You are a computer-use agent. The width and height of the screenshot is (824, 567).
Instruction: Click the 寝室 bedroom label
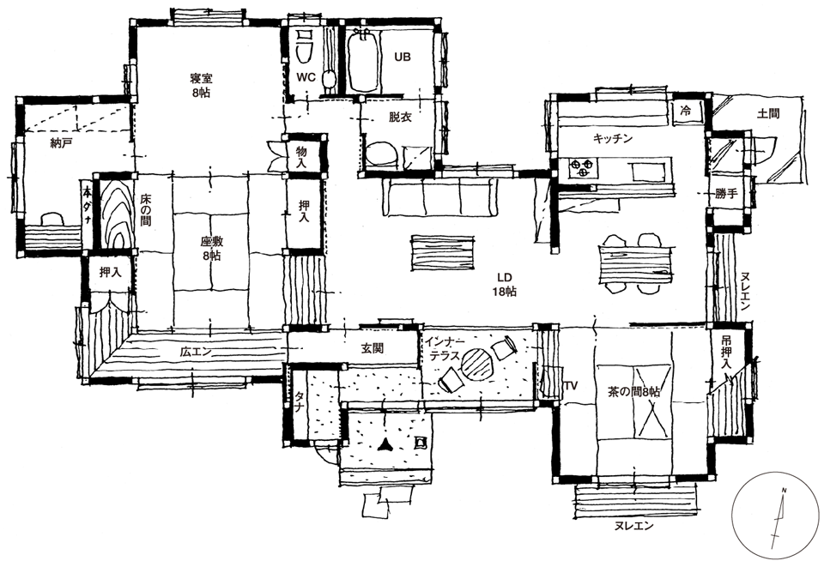[201, 86]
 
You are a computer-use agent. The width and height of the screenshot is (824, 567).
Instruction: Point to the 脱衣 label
[400, 117]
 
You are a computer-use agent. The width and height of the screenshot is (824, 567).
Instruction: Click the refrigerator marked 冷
[685, 112]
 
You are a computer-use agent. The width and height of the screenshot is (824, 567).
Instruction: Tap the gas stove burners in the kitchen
[583, 167]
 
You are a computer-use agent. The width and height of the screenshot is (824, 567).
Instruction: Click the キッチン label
[612, 139]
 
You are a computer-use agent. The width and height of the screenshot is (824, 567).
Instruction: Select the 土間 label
[767, 113]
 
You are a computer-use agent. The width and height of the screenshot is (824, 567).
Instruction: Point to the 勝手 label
[726, 194]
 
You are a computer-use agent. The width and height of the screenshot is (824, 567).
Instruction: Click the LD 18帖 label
[504, 285]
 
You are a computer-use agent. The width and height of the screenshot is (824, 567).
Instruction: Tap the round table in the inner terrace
[476, 364]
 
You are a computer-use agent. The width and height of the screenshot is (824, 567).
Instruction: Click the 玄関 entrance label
[372, 348]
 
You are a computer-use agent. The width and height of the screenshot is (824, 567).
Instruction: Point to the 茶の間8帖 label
[633, 392]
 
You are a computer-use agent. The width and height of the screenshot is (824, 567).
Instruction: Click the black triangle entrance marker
[385, 445]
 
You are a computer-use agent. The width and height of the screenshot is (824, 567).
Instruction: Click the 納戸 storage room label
[61, 142]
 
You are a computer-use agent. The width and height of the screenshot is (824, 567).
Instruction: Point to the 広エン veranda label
[196, 353]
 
